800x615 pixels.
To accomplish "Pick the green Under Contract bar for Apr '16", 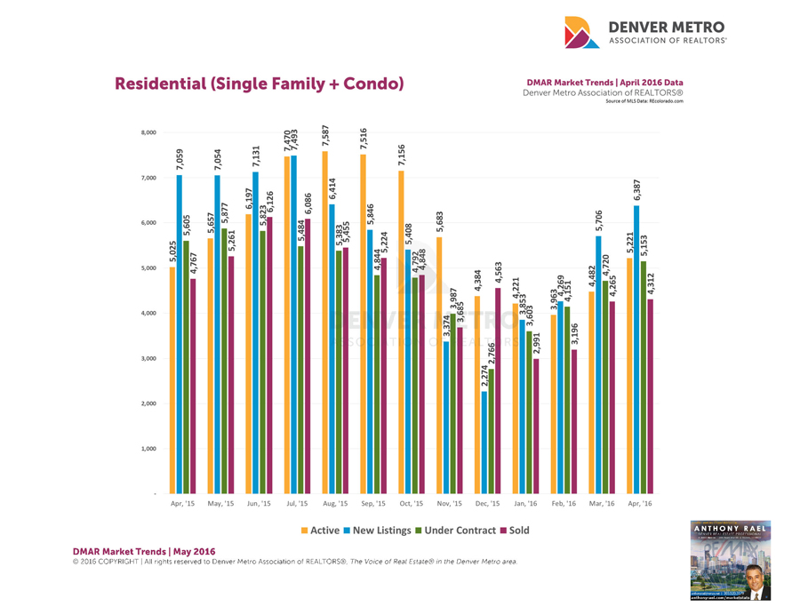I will [644, 377].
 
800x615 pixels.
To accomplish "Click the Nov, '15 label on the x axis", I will [450, 504].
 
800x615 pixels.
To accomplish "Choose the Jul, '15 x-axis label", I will [296, 504].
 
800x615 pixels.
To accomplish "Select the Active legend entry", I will [321, 531].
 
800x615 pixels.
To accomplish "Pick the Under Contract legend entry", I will [459, 531].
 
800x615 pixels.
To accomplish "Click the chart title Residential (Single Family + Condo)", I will [259, 84].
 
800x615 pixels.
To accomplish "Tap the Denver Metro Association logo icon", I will [583, 33].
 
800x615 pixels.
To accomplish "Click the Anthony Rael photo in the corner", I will [731, 561].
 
